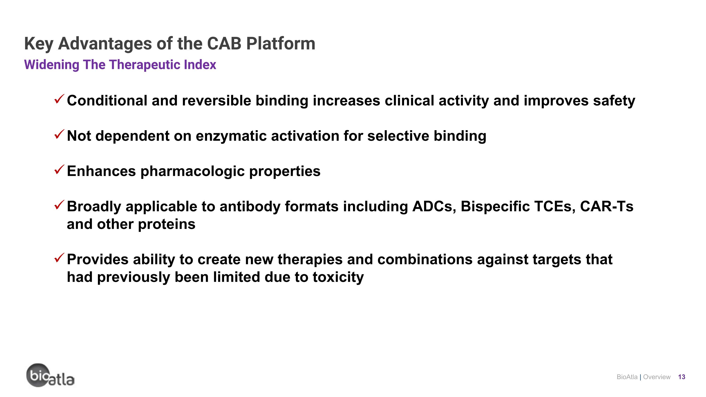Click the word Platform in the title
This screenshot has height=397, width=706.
pyautogui.click(x=281, y=44)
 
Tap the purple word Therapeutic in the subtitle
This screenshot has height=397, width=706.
pyautogui.click(x=145, y=65)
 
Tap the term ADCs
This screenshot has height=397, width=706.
pyautogui.click(x=434, y=206)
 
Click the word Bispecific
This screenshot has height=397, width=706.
pyautogui.click(x=495, y=206)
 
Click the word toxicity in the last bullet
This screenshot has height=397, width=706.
pyautogui.click(x=338, y=277)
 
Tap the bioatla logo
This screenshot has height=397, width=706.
pyautogui.click(x=50, y=375)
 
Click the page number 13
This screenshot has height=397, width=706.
pyautogui.click(x=682, y=377)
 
